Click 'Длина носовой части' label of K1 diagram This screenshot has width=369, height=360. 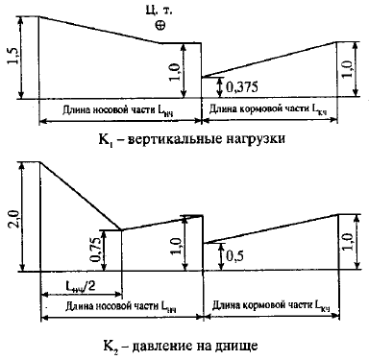121,113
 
